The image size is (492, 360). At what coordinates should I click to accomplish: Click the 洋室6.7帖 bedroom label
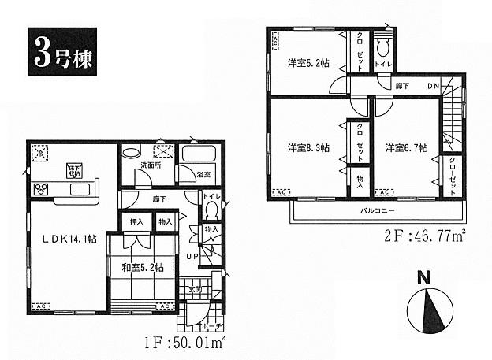tap(407, 147)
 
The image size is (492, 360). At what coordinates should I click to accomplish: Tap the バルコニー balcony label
tap(378, 212)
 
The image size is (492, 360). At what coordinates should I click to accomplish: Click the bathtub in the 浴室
tap(200, 154)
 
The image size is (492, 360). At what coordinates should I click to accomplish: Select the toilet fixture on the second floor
tap(383, 46)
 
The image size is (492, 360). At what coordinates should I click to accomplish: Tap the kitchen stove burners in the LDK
tap(42, 187)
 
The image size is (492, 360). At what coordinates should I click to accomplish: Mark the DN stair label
tap(434, 86)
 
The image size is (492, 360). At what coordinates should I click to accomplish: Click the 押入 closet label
tap(136, 224)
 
